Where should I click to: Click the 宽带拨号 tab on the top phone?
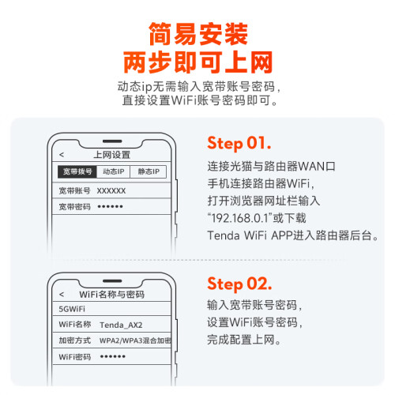[x=77, y=171]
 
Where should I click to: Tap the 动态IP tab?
[x=113, y=171]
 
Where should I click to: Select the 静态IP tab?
[x=149, y=171]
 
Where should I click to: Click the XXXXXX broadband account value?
[x=111, y=190]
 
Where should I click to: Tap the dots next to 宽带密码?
[x=110, y=206]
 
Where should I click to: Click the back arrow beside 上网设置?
[x=62, y=155]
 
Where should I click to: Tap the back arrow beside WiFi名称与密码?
[x=62, y=294]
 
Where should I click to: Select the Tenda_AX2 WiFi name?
[x=121, y=325]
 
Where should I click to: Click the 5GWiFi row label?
[x=72, y=309]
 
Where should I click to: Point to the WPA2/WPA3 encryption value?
[x=135, y=340]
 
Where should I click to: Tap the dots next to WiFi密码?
[x=113, y=356]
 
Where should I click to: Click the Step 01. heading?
[x=239, y=144]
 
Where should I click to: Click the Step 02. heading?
[x=239, y=284]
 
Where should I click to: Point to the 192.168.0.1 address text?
[x=239, y=218]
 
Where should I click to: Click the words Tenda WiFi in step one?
[x=237, y=235]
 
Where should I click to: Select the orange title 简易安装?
[x=198, y=34]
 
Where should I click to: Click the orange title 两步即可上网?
[x=198, y=62]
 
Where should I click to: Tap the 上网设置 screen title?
[x=112, y=155]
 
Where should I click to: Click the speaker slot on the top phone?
[x=112, y=141]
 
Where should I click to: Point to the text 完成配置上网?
[x=244, y=340]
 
